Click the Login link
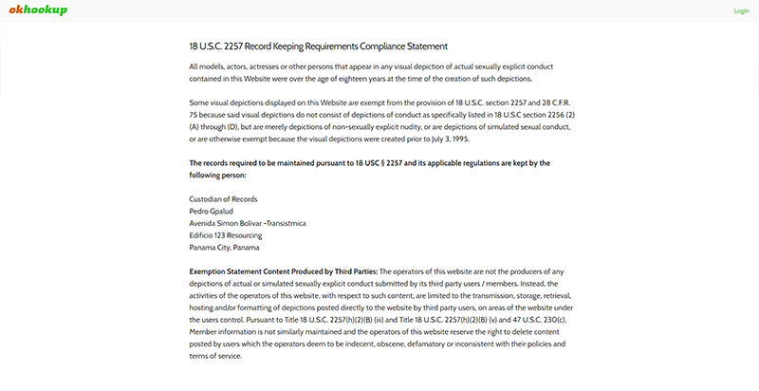click(x=741, y=11)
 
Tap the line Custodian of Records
click(x=224, y=199)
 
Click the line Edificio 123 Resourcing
click(x=226, y=235)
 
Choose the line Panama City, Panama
click(x=224, y=248)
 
